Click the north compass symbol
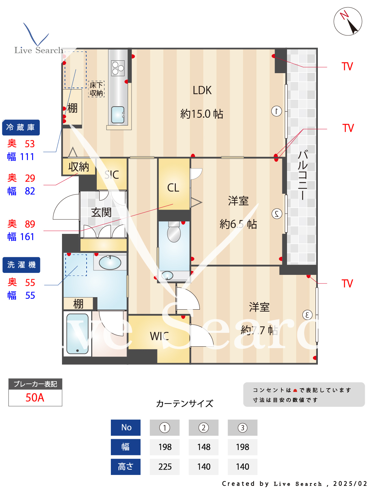[348, 21]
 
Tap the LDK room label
[202, 91]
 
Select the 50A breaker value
[35, 398]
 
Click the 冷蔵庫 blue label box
[21, 128]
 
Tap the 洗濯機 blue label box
[21, 265]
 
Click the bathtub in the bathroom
[77, 334]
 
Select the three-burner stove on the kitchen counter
[118, 68]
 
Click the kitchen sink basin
[118, 115]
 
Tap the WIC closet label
[159, 336]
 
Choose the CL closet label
[173, 188]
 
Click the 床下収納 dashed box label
[96, 89]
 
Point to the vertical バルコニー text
[302, 175]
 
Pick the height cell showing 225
[165, 467]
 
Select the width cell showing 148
[204, 447]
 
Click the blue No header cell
[126, 427]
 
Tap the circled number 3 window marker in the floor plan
[307, 315]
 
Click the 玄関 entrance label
[101, 213]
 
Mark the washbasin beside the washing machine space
[110, 262]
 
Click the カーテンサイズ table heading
[184, 403]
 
